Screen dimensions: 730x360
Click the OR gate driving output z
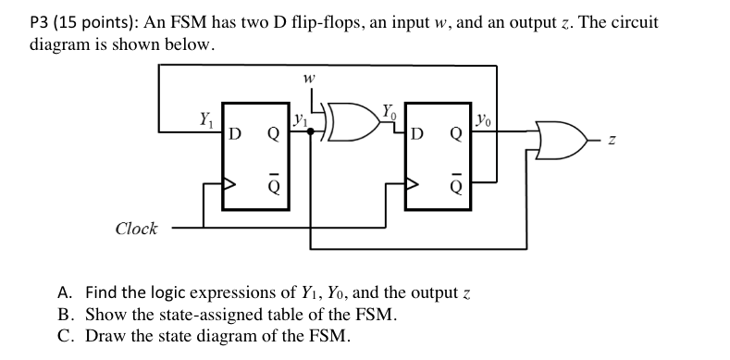(562, 140)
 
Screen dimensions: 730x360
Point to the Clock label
(136, 229)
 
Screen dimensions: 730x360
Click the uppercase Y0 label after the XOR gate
(390, 112)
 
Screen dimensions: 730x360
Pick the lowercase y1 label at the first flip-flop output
(301, 121)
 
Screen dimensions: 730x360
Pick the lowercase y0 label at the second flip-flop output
(483, 120)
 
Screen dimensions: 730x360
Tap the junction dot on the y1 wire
(311, 131)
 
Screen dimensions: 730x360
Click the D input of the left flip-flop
(236, 134)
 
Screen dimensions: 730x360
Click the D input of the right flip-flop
(418, 134)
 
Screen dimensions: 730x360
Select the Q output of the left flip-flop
(273, 134)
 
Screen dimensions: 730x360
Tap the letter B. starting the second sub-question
(65, 315)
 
